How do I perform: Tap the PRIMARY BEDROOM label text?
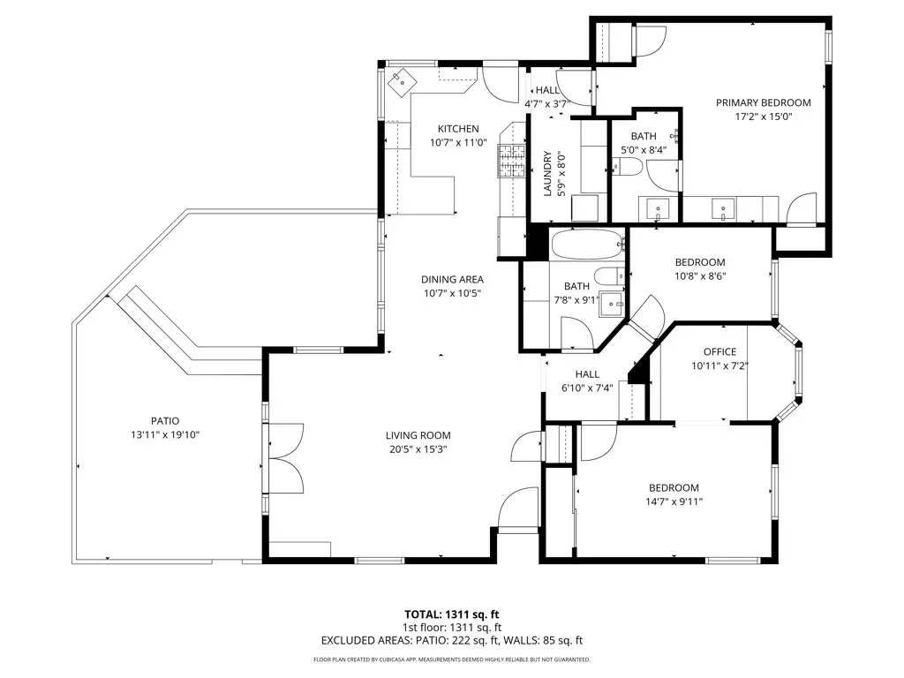[x=763, y=102]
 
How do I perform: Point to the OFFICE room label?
[x=719, y=352]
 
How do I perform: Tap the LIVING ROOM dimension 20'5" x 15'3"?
[x=418, y=448]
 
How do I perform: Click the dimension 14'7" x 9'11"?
[x=674, y=501]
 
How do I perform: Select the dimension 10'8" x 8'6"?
[x=700, y=275]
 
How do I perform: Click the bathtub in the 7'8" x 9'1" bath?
[x=587, y=244]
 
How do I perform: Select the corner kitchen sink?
[x=399, y=80]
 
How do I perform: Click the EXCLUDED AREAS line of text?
[x=452, y=641]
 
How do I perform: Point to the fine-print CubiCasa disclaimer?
[x=452, y=659]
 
